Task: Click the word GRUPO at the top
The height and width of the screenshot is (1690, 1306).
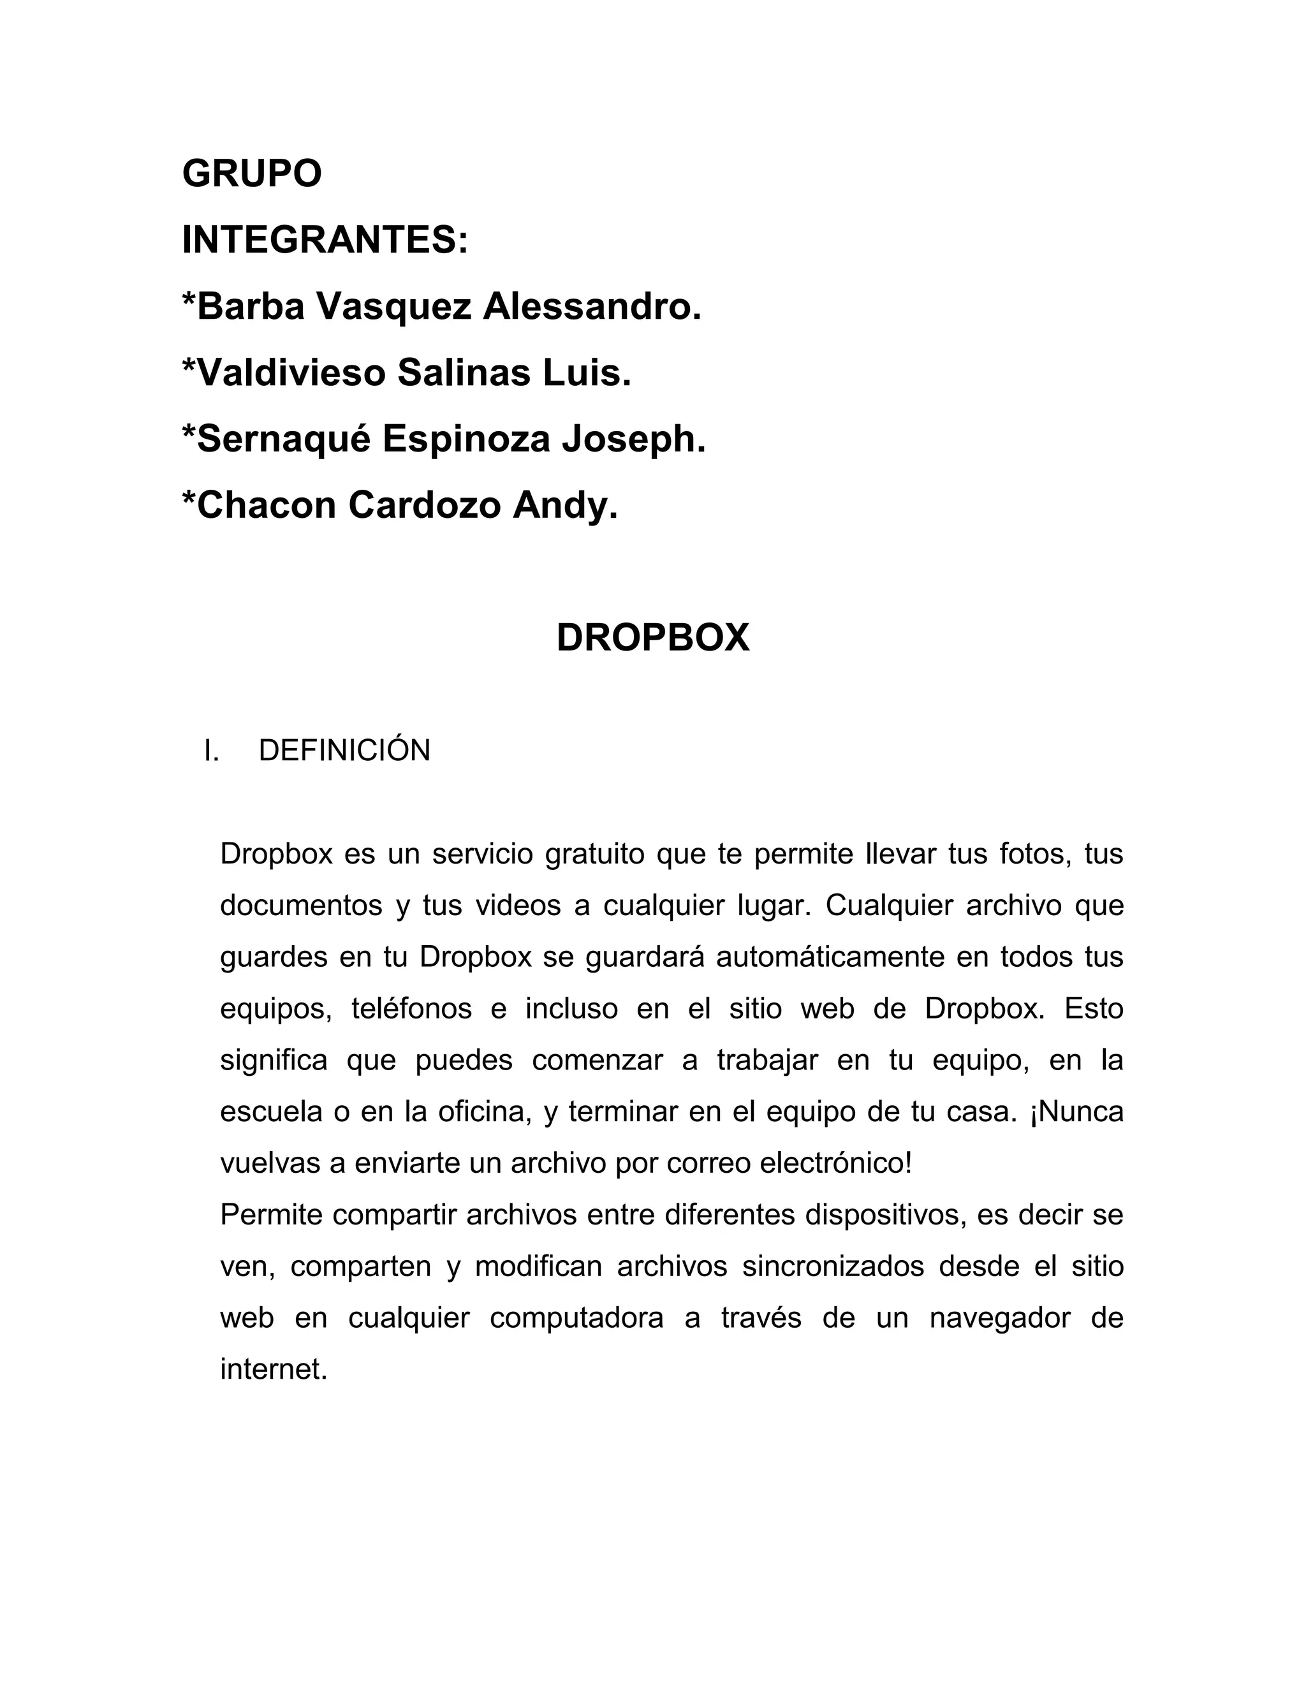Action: click(251, 173)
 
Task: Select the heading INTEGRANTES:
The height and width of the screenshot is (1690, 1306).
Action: click(325, 240)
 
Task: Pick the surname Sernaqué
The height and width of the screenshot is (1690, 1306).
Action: click(283, 439)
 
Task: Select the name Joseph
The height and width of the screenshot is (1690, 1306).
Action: click(634, 439)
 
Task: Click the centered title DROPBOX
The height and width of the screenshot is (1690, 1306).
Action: click(653, 638)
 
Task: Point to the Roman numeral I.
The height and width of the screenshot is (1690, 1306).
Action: click(211, 751)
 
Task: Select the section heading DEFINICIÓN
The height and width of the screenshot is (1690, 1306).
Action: click(344, 751)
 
